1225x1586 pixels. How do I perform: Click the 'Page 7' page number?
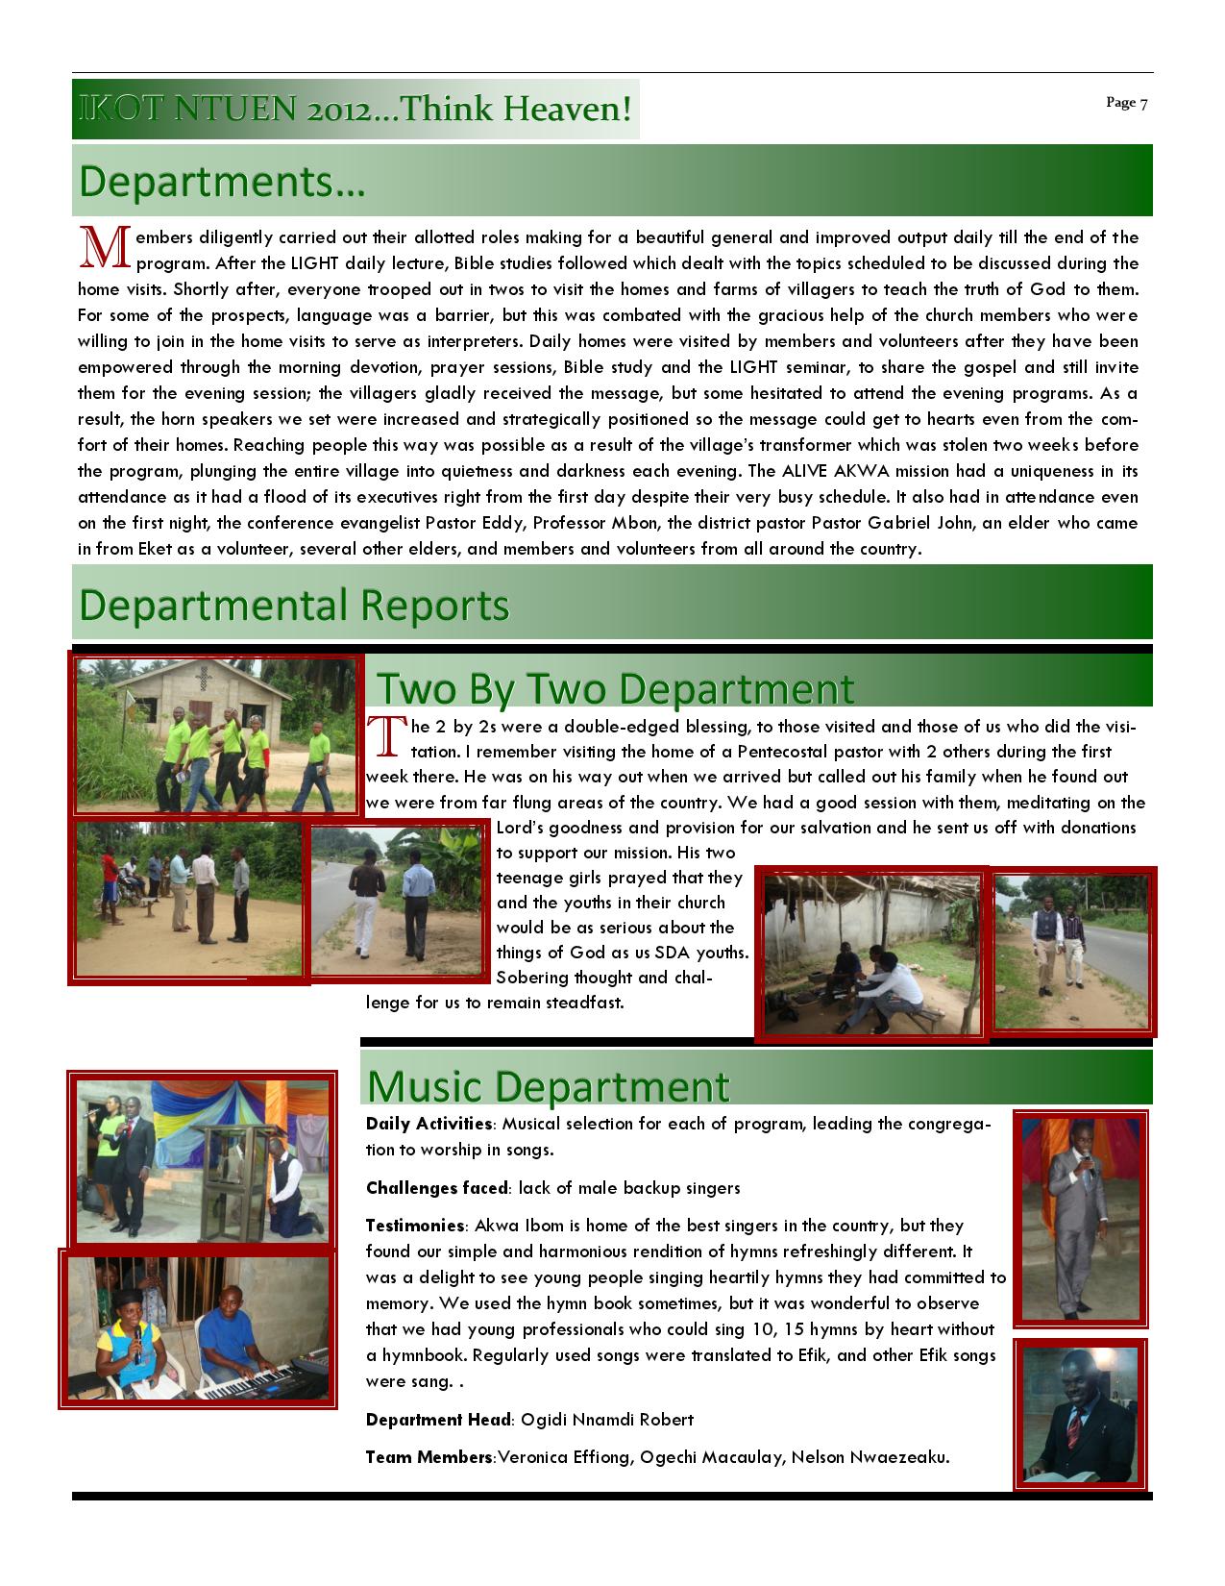(x=1126, y=103)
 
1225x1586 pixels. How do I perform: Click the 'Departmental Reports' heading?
(x=294, y=606)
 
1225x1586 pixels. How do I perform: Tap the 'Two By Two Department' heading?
(x=614, y=688)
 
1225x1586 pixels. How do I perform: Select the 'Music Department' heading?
(x=548, y=1085)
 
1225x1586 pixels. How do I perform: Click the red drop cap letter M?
(x=105, y=247)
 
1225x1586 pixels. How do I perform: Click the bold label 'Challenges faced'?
(x=437, y=1188)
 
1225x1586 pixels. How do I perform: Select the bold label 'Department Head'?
(x=437, y=1420)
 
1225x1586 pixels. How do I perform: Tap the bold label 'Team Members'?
(x=429, y=1457)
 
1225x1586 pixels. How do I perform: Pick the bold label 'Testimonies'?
(x=415, y=1226)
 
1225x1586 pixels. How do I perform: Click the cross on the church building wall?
(x=202, y=680)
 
